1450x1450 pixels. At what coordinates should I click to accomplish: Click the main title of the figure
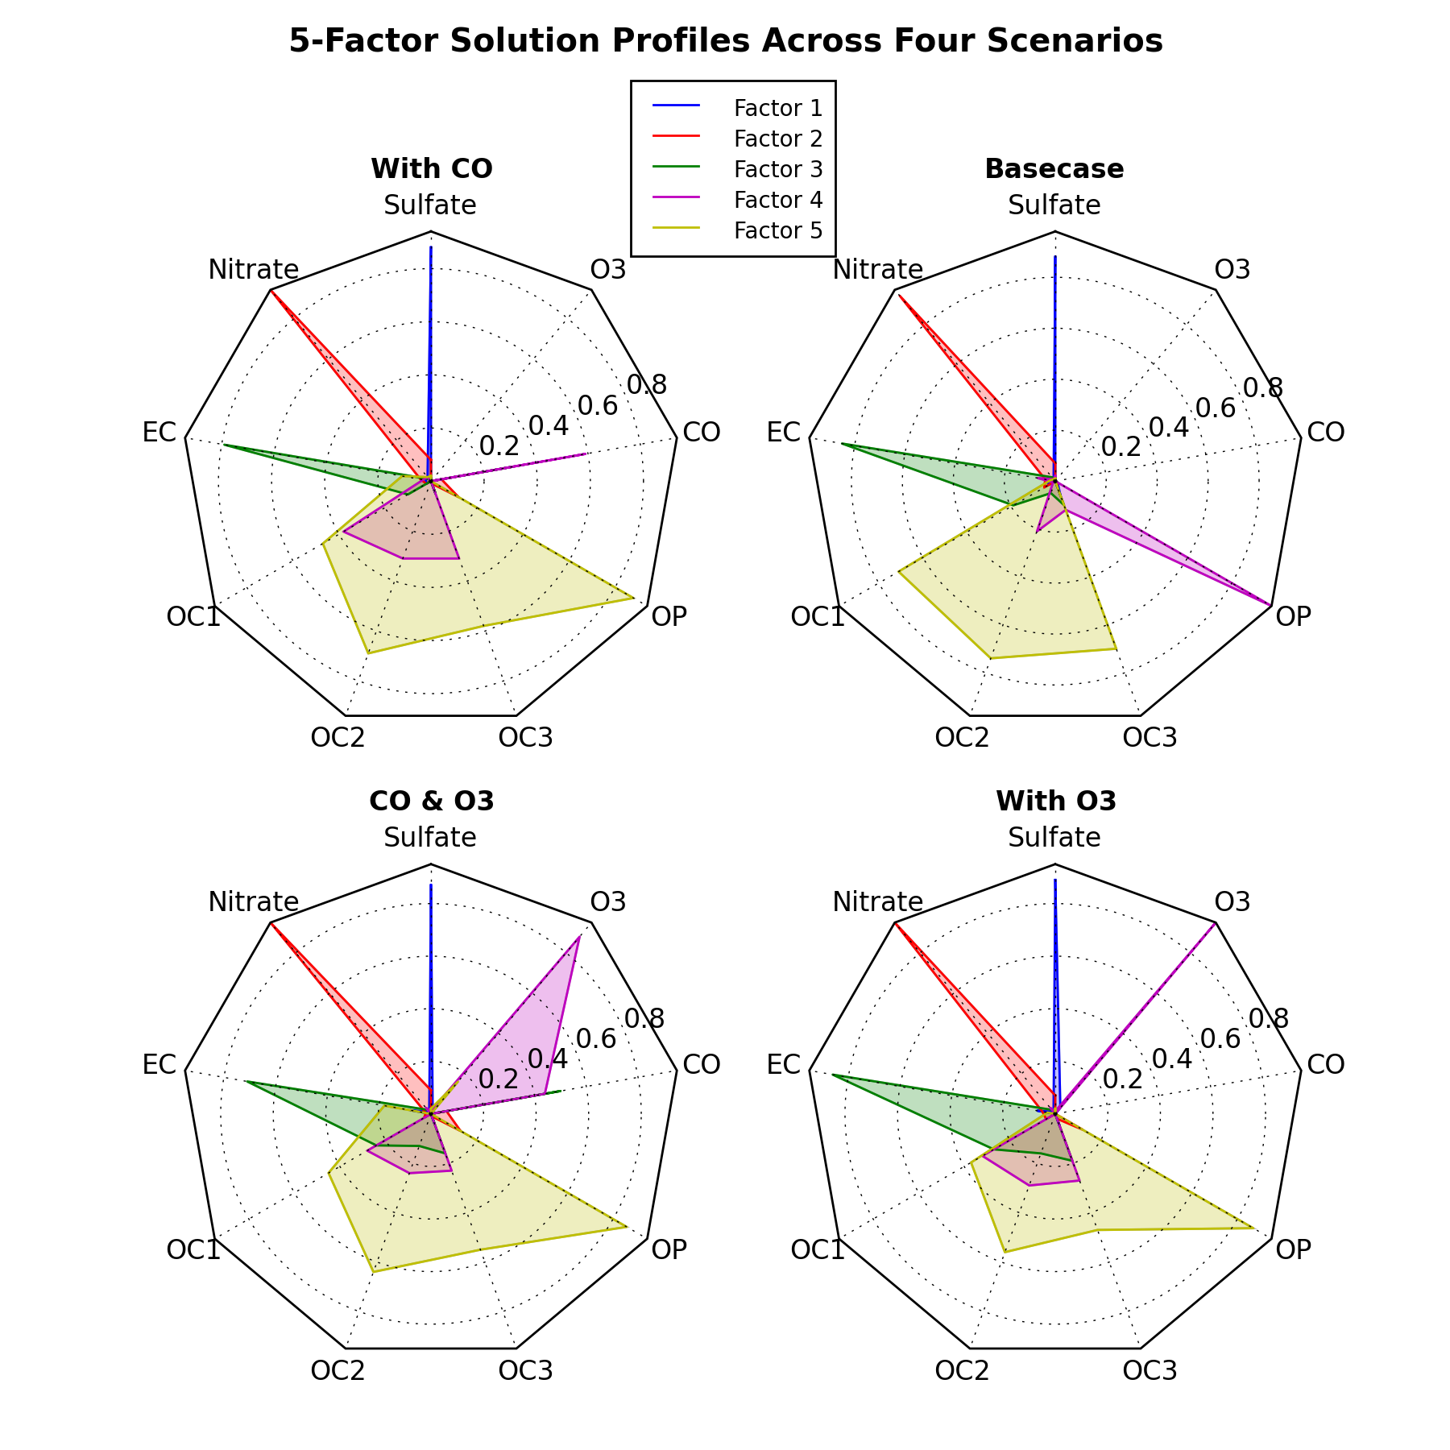725,41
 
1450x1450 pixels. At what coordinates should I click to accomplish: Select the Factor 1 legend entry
777,108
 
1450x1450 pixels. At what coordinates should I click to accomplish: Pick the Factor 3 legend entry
777,169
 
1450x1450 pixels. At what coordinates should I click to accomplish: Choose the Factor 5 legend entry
777,231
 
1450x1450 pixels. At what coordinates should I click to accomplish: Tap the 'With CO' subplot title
431,169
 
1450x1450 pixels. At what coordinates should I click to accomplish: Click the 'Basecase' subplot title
1054,169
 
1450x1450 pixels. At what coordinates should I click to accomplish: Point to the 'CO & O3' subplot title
431,802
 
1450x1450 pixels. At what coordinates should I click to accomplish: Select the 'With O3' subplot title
1055,802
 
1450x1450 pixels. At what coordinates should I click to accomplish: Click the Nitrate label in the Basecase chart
877,270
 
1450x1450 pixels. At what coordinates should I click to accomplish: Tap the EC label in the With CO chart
159,433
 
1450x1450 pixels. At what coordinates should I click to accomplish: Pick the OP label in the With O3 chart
1294,1249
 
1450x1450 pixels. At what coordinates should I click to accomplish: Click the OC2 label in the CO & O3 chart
338,1370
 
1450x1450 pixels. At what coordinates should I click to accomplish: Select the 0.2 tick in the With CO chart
499,445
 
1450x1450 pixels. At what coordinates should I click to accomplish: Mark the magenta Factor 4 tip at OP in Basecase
1270,604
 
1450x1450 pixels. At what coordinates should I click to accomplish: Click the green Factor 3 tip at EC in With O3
832,1075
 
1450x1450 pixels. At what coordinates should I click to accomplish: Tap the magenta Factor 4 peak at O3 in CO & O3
579,936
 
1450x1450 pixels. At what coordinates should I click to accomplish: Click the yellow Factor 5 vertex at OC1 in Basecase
898,570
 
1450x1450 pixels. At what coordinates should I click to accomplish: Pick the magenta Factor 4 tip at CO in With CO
586,454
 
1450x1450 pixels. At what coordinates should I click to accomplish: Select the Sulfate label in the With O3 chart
1054,838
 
